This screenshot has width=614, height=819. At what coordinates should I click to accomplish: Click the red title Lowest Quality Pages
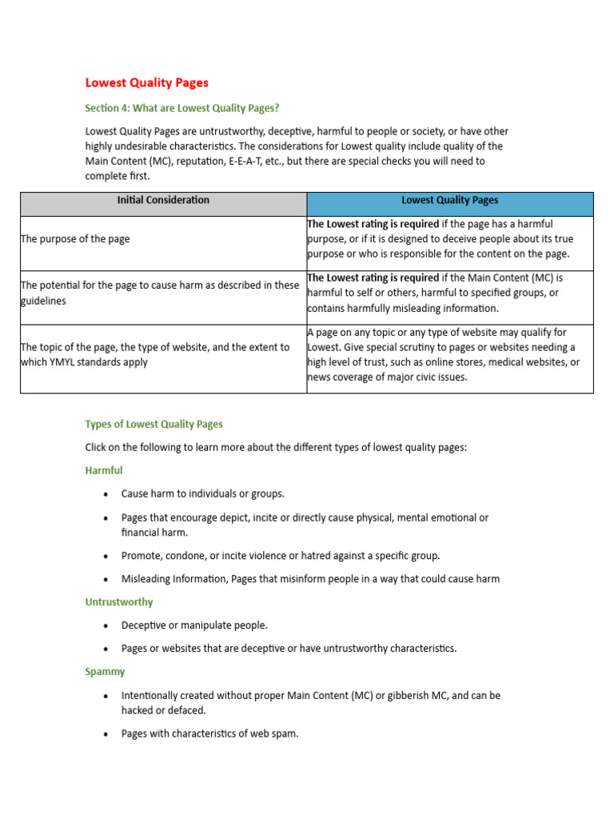(x=146, y=82)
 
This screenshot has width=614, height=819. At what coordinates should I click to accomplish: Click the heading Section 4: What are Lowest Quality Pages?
(x=182, y=108)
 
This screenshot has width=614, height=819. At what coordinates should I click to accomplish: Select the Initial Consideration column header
(x=163, y=201)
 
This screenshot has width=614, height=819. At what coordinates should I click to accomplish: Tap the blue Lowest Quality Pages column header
(x=449, y=201)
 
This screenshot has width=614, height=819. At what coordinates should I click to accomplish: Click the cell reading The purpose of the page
(x=75, y=239)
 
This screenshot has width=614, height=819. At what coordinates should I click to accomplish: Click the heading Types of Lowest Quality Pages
(x=153, y=424)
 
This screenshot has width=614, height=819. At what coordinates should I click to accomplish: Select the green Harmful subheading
(x=104, y=470)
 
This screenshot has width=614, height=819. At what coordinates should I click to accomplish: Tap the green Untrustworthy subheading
(x=119, y=601)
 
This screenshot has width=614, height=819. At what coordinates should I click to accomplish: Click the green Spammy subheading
(x=105, y=672)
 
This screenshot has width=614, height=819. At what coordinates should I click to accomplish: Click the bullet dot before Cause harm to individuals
(x=106, y=494)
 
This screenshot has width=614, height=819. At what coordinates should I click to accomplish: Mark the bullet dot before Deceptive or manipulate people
(x=106, y=625)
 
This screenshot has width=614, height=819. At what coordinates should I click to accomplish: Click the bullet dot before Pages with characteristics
(x=106, y=733)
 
